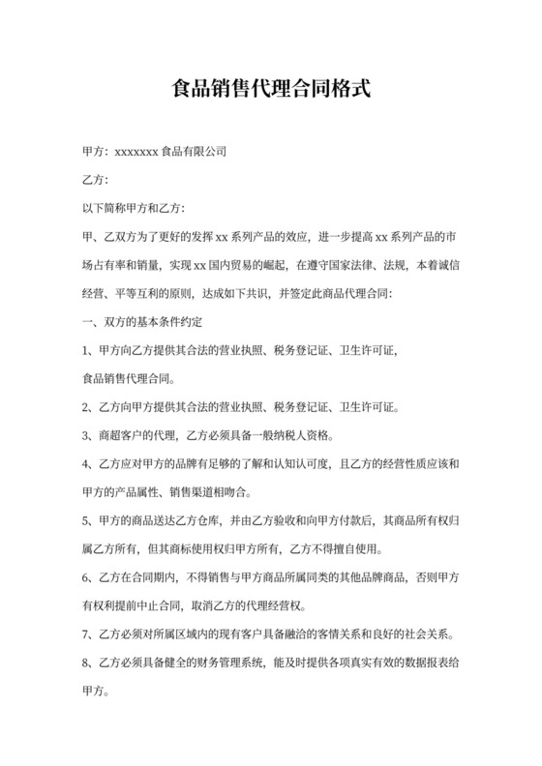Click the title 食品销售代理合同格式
[x=270, y=91]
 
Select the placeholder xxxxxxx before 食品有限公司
[x=136, y=152]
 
